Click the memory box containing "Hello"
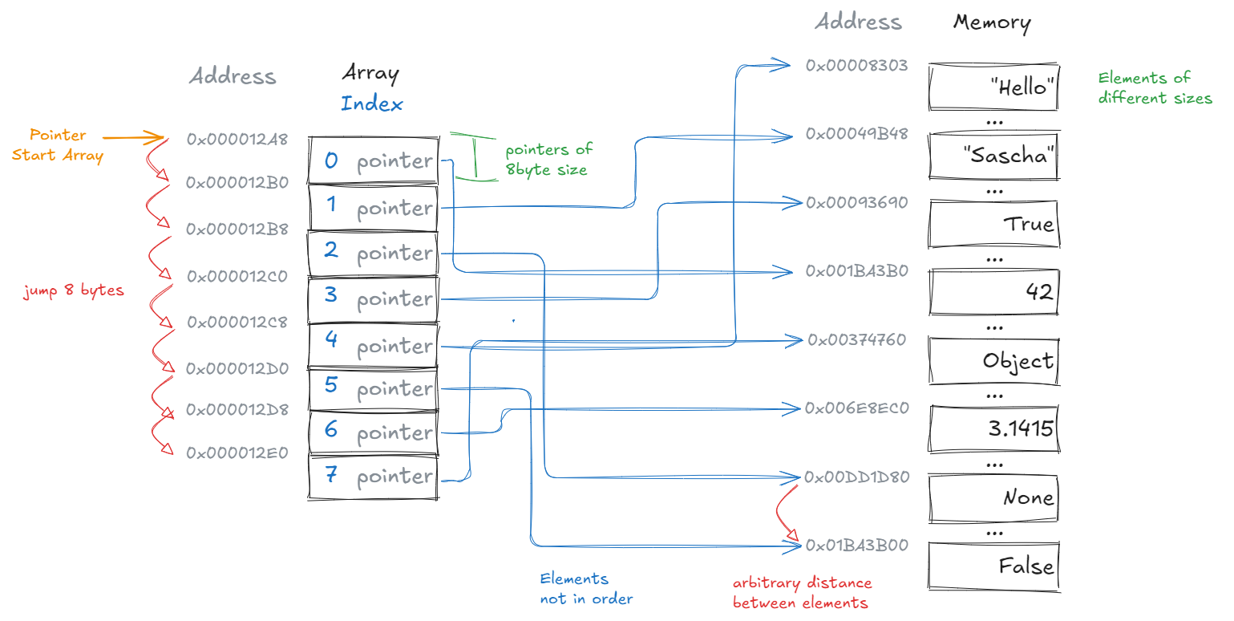pos(993,87)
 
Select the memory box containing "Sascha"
pos(993,155)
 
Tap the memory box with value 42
pos(993,292)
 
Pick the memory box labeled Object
pos(993,360)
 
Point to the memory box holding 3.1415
pos(993,428)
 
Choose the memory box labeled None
pos(993,497)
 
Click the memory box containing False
pos(993,566)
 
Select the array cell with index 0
pos(374,161)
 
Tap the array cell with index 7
pos(374,477)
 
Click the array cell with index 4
pos(374,346)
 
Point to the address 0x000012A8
pos(237,140)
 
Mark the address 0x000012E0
pos(237,453)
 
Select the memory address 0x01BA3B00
pos(856,546)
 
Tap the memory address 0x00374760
pos(856,340)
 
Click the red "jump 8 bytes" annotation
pos(73,290)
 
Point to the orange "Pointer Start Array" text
pos(57,145)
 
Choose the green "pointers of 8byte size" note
pos(548,160)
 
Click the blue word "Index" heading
pos(371,103)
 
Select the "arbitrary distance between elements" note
pos(801,592)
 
